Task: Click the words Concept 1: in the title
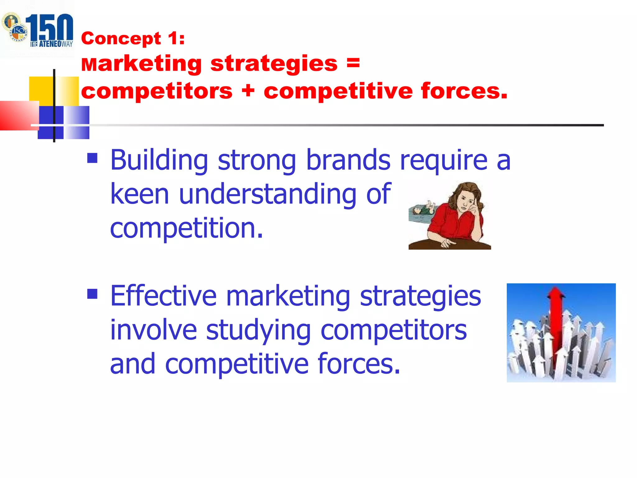(x=133, y=39)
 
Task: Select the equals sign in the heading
(x=353, y=63)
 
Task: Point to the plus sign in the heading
(x=248, y=91)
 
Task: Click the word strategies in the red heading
(x=274, y=63)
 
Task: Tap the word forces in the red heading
(x=463, y=91)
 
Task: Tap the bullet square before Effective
(x=92, y=293)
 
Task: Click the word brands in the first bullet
(x=348, y=160)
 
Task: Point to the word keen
(x=140, y=194)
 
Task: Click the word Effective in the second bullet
(x=163, y=296)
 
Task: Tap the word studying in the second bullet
(x=258, y=330)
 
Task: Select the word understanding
(x=267, y=194)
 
